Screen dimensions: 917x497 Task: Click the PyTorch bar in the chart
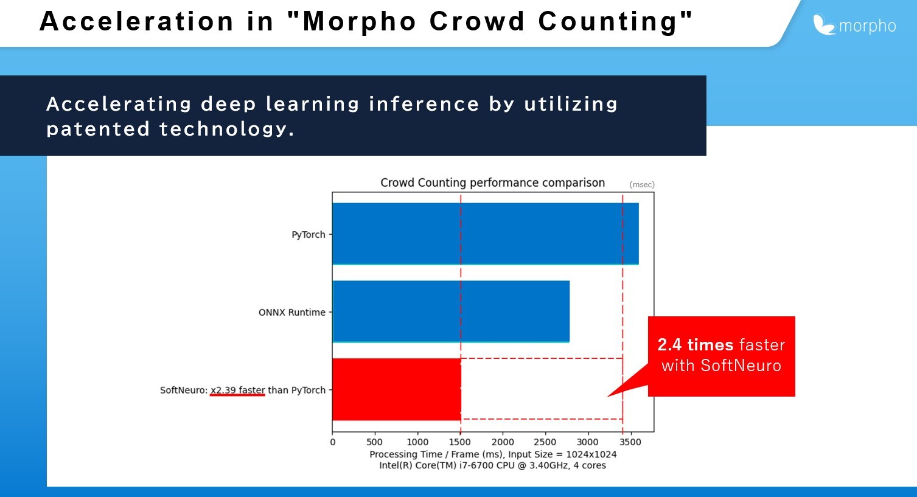pos(486,234)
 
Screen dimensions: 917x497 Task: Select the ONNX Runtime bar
pos(451,311)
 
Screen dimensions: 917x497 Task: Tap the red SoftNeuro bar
pos(397,389)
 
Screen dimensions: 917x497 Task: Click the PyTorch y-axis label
pos(309,235)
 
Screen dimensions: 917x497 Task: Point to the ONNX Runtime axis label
pos(292,312)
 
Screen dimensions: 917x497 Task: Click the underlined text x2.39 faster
pos(237,390)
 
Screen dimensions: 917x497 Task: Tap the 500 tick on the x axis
pos(374,442)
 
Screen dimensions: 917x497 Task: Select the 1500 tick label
pos(459,442)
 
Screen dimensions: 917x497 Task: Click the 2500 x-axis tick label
pos(545,442)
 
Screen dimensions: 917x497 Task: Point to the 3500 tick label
pos(630,442)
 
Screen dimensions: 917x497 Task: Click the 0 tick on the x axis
pos(332,442)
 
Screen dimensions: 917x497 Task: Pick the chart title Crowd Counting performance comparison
pos(492,182)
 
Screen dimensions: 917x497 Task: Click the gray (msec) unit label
pos(642,185)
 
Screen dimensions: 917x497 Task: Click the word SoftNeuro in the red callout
pos(741,366)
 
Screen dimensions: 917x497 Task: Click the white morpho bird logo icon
pos(823,24)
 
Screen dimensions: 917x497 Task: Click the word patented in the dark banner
pos(98,130)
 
